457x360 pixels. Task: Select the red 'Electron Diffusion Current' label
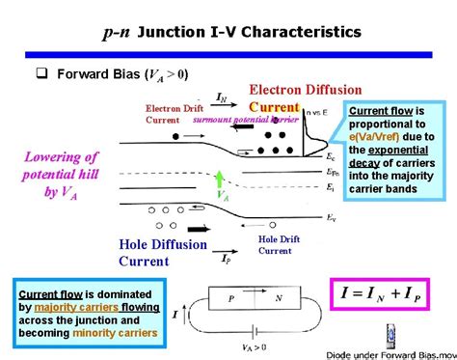306,97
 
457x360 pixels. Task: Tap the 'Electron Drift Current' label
174,114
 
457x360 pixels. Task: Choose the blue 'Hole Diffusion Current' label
163,252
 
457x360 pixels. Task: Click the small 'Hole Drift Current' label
275,244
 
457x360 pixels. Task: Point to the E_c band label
331,154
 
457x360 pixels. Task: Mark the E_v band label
331,217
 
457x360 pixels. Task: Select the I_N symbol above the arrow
223,97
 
